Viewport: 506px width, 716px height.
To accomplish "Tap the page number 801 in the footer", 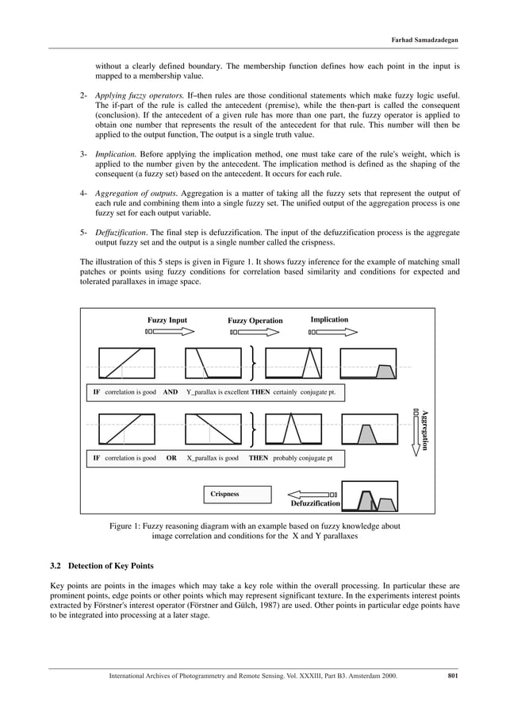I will [453, 676].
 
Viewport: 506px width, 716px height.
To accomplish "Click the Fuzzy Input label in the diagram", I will [167, 321].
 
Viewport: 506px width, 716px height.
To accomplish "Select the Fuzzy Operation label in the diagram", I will [255, 321].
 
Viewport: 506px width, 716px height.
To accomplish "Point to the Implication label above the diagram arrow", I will [329, 320].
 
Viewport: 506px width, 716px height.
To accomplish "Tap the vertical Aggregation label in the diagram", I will [425, 429].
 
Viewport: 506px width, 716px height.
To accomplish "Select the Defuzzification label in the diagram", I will [315, 503].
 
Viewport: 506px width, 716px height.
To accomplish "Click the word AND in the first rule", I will [170, 392].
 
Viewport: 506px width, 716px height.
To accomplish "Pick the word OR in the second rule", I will [171, 458].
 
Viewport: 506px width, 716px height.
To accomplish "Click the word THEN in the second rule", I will [258, 458].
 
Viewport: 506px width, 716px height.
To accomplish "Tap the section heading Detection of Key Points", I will [111, 566].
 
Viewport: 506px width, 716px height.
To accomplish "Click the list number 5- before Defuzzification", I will [83, 232].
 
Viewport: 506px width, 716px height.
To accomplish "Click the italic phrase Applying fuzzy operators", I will [139, 95].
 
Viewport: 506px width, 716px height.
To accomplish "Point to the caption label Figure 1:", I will [128, 525].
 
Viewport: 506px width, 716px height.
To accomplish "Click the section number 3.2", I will [56, 566].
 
